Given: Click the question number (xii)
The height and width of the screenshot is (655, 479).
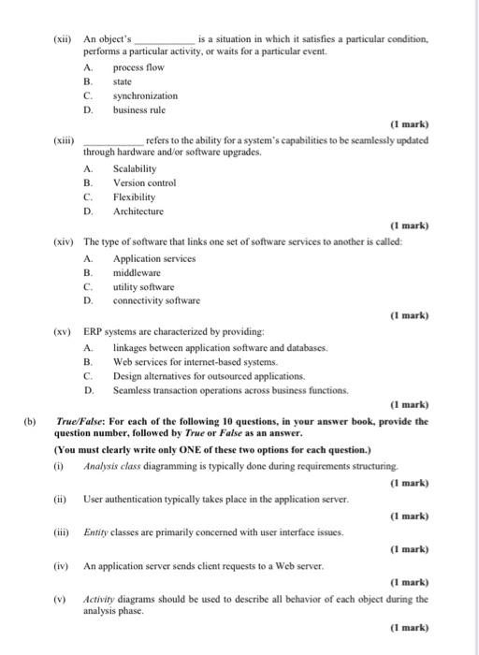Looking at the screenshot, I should click(65, 41).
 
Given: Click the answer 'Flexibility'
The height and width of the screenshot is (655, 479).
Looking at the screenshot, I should click(134, 197).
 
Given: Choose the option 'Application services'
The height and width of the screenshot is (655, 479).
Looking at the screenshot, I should click(153, 257).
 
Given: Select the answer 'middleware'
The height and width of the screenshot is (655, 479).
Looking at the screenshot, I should click(137, 271).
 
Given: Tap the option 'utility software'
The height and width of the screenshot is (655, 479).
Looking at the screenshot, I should click(143, 285).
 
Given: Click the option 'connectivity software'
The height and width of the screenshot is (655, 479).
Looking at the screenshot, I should click(156, 300).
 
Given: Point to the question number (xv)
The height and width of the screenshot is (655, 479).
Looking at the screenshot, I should click(65, 332).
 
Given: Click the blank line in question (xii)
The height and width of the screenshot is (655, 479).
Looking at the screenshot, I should click(165, 41).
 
